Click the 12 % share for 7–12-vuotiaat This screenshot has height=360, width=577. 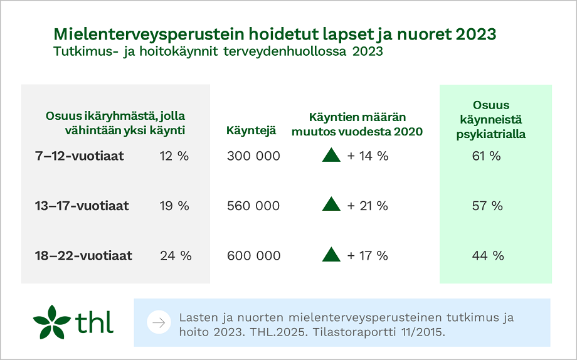pos(174,156)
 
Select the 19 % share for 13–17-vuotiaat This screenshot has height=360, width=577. pos(174,206)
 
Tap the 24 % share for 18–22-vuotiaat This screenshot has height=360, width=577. pos(176,256)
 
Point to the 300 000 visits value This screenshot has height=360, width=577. pos(253,156)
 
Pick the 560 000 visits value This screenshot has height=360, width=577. pos(253,206)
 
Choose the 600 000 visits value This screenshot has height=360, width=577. pos(253,256)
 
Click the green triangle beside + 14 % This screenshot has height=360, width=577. pos(331,155)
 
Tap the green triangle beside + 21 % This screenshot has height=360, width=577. pos(331,204)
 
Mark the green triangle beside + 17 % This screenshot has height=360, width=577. pos(331,255)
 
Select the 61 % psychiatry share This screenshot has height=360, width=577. pos(487,156)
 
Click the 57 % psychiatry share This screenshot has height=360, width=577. pos(487,206)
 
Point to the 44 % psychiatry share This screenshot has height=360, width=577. pos(487,256)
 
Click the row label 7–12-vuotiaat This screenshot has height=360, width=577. pos(79,156)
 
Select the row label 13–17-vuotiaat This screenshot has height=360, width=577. pos(82,206)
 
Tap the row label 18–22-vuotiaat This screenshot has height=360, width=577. pos(83,256)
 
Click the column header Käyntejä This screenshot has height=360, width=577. pos(251,131)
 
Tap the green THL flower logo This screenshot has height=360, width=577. pos(52,322)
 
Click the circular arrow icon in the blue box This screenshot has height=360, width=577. pos(159,323)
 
